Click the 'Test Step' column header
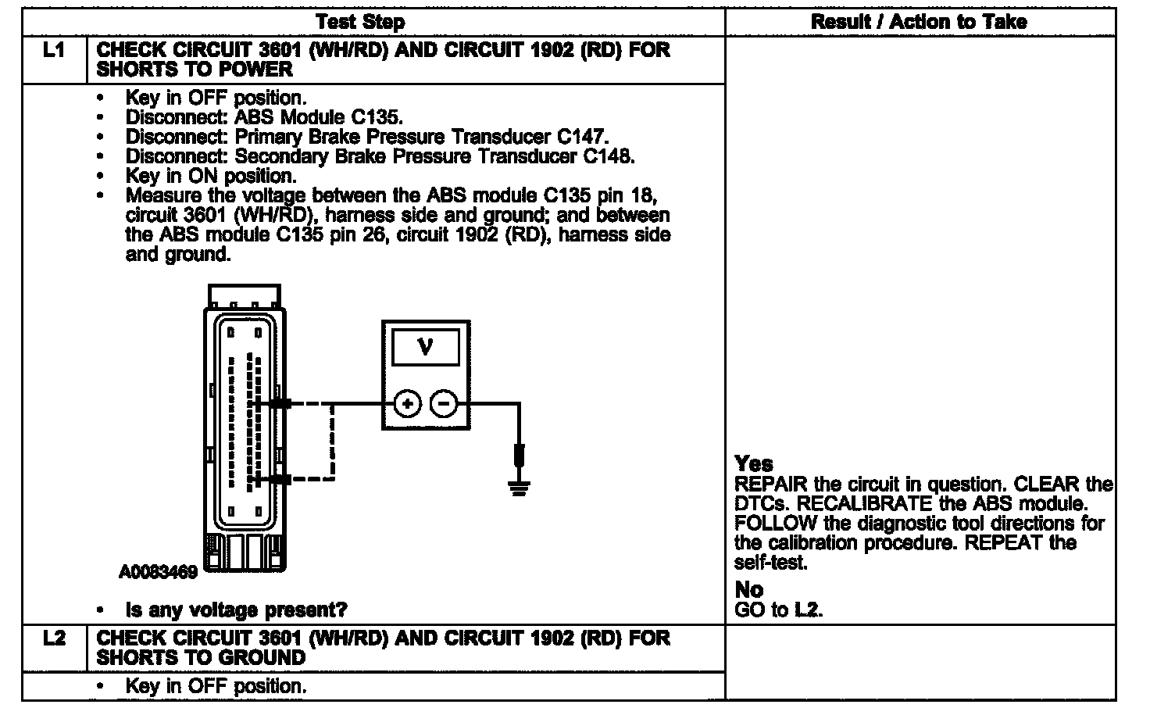(360, 22)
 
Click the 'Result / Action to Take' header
(919, 22)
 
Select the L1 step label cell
(54, 51)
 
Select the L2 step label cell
(54, 638)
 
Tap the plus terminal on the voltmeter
(406, 404)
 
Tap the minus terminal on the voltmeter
(443, 404)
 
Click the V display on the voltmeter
(425, 346)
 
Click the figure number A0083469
(158, 573)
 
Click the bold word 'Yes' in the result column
(753, 464)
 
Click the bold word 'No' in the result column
(749, 590)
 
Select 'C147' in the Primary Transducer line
(582, 137)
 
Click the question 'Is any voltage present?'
(237, 610)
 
